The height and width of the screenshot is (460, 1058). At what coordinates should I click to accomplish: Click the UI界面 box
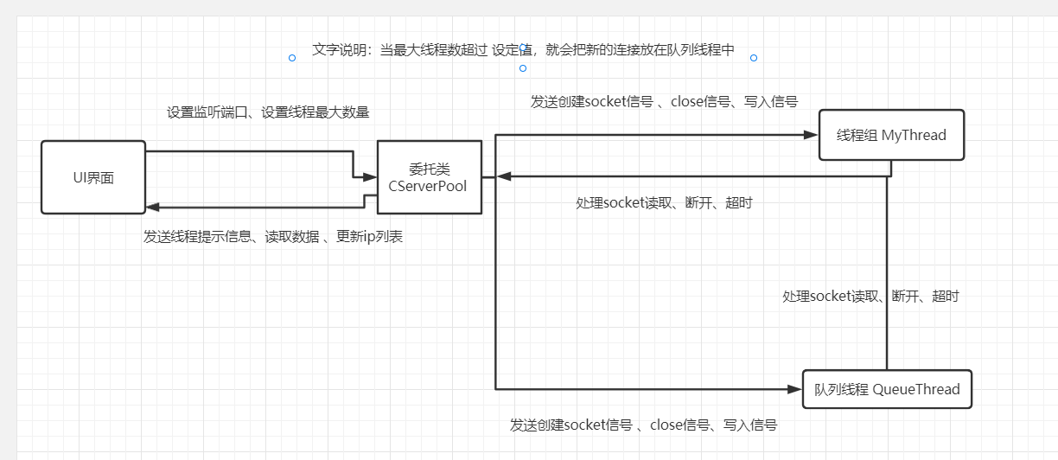(93, 177)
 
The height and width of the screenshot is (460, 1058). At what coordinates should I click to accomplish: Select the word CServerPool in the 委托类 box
(428, 186)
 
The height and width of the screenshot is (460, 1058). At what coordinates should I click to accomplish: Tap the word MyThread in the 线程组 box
(914, 135)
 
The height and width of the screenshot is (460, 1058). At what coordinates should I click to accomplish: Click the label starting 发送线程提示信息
(273, 237)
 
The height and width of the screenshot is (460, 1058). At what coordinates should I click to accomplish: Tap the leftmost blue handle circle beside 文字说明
(292, 58)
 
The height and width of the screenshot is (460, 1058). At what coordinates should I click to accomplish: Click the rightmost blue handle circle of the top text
(754, 58)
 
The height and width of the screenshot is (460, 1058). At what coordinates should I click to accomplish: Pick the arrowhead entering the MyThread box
(811, 135)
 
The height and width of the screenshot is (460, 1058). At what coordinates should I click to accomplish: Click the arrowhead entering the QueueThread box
(794, 389)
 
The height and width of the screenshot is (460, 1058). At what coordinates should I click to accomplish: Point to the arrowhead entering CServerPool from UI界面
(370, 177)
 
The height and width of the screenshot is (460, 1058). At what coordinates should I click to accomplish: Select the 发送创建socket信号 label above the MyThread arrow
(664, 101)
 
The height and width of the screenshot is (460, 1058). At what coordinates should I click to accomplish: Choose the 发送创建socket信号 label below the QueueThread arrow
(643, 425)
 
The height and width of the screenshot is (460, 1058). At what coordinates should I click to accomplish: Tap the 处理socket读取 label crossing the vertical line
(870, 296)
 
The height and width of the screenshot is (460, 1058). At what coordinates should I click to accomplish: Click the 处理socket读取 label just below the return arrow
(664, 203)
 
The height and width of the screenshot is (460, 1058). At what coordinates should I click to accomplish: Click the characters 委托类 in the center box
(429, 169)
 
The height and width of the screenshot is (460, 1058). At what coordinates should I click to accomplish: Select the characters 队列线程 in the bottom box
(841, 389)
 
